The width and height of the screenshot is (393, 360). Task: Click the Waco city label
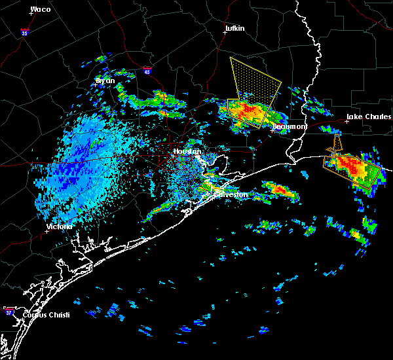40,9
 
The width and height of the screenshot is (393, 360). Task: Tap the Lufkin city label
234,28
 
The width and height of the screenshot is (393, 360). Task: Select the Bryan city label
105,81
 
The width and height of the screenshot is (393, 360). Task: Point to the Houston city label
186,151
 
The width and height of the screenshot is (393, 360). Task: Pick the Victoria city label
60,226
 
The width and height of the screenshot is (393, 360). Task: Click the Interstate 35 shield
24,31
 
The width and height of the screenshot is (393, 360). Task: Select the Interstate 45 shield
147,70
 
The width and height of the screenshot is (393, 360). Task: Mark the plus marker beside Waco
30,13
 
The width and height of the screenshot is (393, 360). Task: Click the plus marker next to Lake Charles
347,121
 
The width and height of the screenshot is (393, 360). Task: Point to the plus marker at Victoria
47,231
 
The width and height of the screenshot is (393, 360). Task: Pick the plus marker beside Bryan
96,85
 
